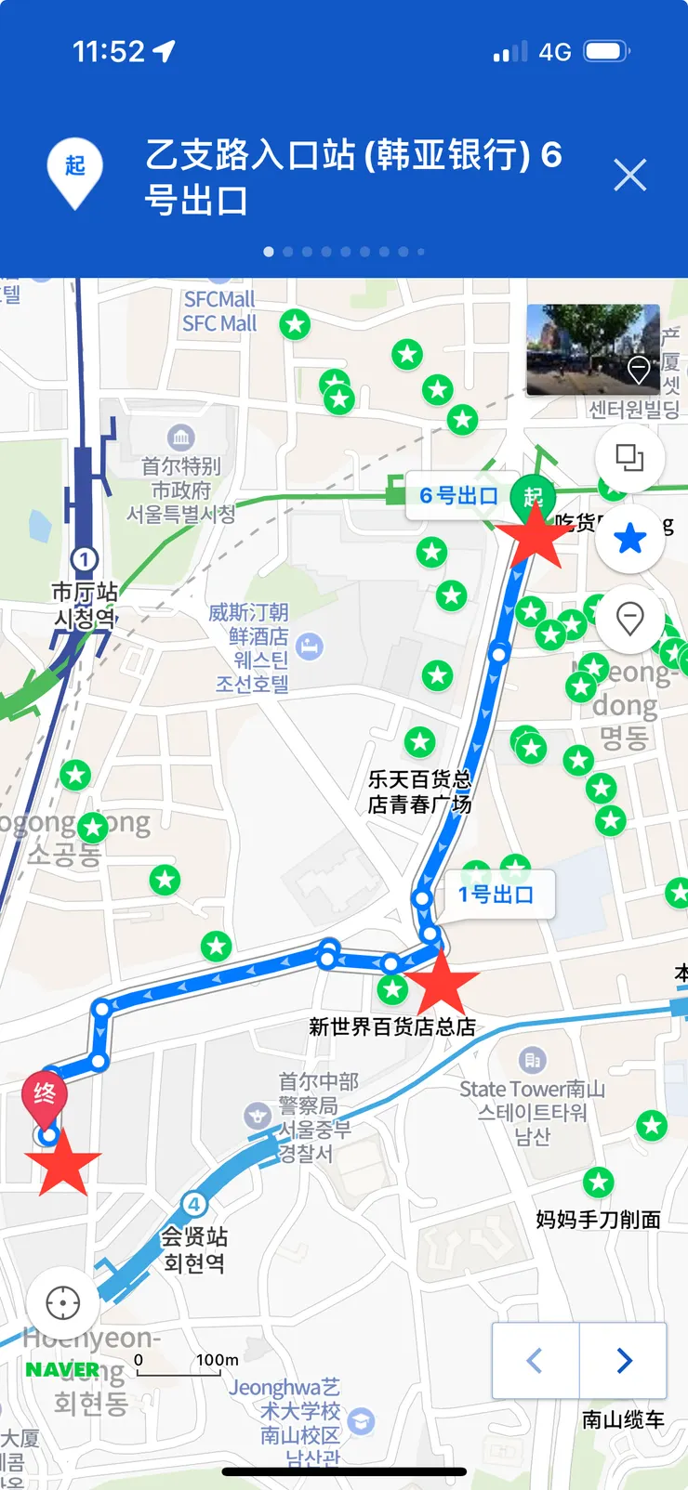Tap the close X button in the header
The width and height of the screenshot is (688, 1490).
[629, 175]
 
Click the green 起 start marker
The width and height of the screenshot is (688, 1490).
[533, 496]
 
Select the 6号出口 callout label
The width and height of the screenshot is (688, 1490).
[458, 496]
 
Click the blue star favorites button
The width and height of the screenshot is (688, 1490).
[629, 538]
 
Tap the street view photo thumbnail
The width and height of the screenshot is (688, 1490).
[592, 350]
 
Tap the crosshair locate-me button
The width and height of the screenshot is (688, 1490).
[62, 1302]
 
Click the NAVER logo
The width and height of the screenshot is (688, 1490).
[62, 1369]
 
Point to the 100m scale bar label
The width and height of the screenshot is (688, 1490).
[218, 1360]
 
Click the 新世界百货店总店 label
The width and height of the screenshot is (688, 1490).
[392, 1026]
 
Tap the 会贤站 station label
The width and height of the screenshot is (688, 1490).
[193, 1237]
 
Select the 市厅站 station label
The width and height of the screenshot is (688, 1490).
[85, 592]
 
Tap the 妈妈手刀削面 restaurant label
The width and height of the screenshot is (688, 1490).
[598, 1219]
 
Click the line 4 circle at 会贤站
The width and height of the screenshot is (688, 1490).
[193, 1205]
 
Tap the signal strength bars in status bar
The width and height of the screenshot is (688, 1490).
[509, 52]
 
